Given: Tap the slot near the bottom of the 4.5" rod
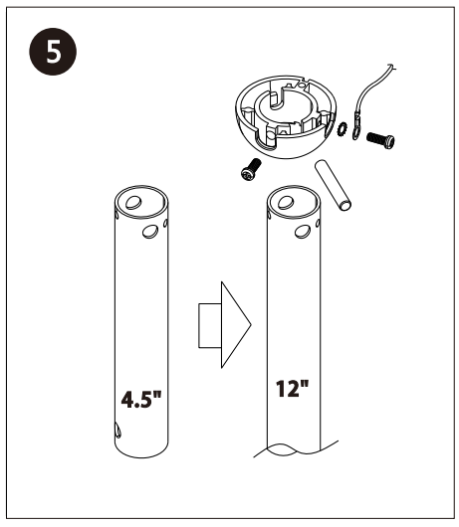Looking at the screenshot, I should (x=118, y=431).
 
